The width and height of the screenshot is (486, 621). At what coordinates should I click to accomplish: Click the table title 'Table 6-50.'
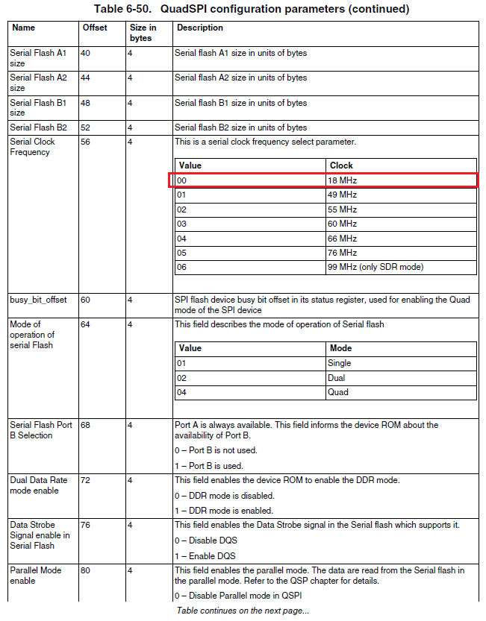[122, 9]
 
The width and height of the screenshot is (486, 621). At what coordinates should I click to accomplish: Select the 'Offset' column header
[94, 28]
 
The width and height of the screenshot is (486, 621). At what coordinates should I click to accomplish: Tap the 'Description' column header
[199, 28]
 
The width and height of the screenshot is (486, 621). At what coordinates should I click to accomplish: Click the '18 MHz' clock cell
[342, 180]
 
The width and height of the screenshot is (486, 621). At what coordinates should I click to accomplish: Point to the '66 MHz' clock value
[342, 238]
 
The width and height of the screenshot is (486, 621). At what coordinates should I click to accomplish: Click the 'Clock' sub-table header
[340, 165]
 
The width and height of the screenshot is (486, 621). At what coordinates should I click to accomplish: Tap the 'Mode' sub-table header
[340, 348]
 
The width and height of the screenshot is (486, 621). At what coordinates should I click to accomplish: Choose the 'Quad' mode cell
[338, 391]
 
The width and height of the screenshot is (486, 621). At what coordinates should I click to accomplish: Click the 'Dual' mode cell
[337, 377]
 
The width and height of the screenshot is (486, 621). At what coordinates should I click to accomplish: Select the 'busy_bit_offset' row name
[38, 300]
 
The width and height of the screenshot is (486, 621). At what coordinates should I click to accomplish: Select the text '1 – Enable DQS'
[205, 555]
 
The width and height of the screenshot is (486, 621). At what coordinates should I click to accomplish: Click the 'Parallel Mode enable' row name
[35, 575]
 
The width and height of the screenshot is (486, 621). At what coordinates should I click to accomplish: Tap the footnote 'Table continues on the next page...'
[243, 611]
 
